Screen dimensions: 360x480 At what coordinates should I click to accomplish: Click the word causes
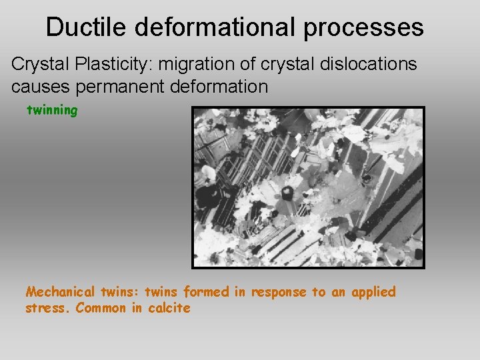pos(39,87)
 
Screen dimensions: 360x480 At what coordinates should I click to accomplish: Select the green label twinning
pos(51,111)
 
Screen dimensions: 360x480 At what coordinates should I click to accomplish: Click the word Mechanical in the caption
pos(61,292)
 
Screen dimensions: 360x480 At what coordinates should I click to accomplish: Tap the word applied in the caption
pos(373,292)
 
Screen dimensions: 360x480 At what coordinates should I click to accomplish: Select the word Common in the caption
pos(100,308)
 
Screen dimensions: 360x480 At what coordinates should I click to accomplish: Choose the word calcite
pos(169,308)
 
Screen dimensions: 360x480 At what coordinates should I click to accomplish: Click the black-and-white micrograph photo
pos(308,187)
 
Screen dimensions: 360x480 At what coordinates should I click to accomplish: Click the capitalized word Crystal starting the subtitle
pos(35,65)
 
